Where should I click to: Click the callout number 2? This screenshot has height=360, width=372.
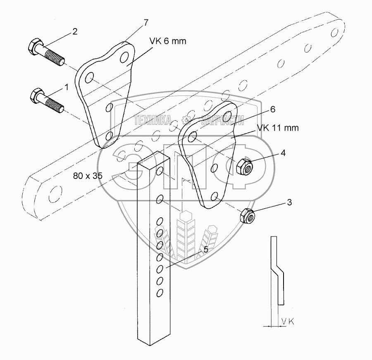click(x=75, y=31)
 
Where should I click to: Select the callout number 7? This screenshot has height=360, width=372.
click(x=145, y=22)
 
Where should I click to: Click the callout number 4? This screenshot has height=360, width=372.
click(x=283, y=153)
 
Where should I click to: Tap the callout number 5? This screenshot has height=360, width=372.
click(x=205, y=249)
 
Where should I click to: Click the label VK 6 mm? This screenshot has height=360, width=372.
click(x=169, y=41)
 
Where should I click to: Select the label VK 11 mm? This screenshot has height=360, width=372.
click(x=278, y=128)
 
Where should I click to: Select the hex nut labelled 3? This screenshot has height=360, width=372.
click(x=246, y=215)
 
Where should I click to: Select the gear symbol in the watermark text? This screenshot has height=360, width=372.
click(x=186, y=120)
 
